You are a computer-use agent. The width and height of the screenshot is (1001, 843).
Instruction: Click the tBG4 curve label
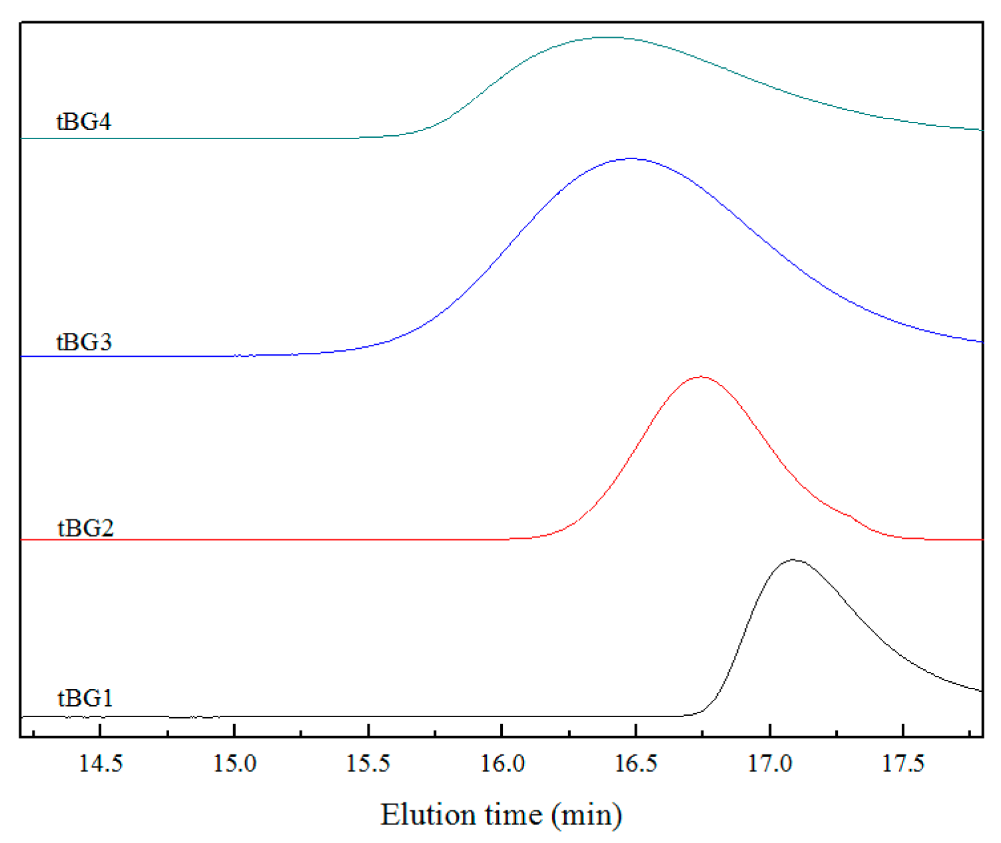pos(84,122)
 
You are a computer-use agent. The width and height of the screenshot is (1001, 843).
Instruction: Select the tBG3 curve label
pos(84,342)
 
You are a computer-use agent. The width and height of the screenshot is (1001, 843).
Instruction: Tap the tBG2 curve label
pos(85,528)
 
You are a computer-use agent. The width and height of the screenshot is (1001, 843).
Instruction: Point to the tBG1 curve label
pos(85,699)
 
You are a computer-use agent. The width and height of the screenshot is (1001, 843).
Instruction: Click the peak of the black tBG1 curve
pos(793,560)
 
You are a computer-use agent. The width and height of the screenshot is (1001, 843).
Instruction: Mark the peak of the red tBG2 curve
pos(701,377)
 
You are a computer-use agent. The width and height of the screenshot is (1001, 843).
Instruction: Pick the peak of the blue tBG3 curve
pos(631,158)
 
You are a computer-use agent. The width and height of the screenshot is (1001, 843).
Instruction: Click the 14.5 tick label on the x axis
pos(101,764)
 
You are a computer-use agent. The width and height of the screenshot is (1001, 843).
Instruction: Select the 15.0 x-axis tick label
pos(234,764)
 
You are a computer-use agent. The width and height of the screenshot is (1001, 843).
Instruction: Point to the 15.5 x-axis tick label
pos(368,764)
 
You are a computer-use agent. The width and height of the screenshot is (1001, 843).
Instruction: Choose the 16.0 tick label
pos(502,764)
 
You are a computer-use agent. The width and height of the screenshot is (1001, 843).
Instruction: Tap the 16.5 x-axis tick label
pos(636,764)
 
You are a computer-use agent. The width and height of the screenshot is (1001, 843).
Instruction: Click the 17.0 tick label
pos(770,764)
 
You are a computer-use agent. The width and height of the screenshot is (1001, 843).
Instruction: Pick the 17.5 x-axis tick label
pos(903,764)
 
